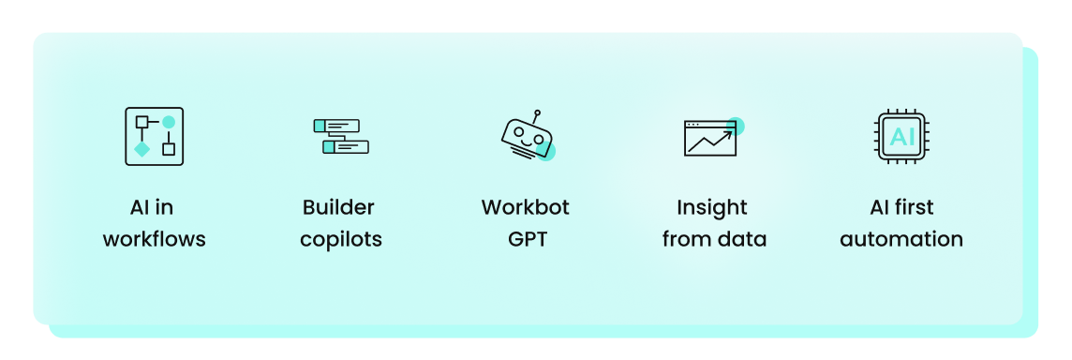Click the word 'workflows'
pos(154,239)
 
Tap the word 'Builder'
pos(338,207)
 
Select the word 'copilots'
pos(341,239)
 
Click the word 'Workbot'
pos(525,207)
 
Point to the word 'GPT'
pos(528,239)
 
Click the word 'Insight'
pos(712,207)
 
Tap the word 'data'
pos(740,239)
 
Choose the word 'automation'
pos(901,239)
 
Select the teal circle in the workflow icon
pos(169,122)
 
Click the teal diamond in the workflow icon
pos(141,149)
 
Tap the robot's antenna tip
pos(537,113)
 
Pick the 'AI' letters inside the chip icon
pos(901,137)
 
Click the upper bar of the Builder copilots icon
pos(336,125)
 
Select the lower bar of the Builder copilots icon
pos(346,147)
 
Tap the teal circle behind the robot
pos(546,151)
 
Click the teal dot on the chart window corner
pos(736,126)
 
